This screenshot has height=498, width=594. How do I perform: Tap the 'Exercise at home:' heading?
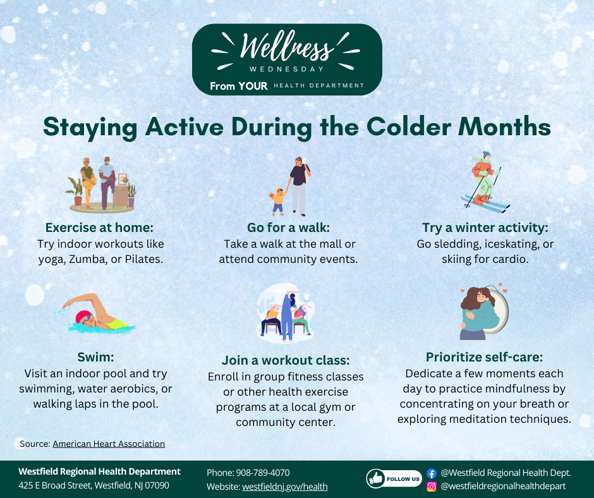point(100,228)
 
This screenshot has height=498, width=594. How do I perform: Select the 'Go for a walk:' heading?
point(288,228)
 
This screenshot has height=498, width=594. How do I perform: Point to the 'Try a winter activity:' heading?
point(485,228)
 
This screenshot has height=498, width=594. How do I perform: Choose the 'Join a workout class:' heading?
point(286,360)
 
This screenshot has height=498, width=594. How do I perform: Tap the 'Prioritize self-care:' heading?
point(484,357)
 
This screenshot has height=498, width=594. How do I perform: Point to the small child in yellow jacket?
point(278,200)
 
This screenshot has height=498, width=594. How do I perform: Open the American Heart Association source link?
point(109,444)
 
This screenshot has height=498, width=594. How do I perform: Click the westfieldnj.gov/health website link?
point(284,487)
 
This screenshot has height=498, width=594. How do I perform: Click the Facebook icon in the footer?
point(432,473)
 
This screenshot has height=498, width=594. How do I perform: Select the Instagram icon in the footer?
point(432,486)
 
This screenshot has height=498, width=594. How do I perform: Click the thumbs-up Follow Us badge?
point(394,479)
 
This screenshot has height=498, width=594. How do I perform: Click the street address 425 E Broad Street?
point(55,486)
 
